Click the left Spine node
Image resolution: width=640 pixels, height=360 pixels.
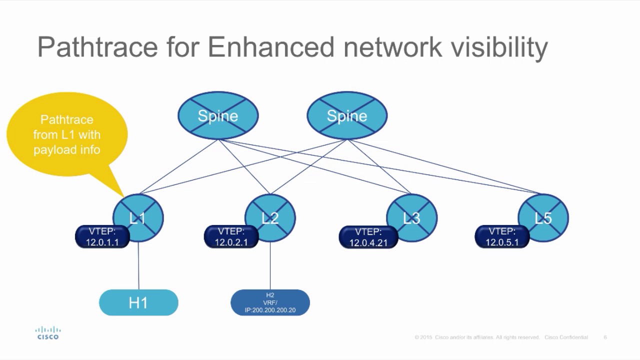tap(218, 115)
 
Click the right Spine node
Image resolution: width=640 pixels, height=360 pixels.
tap(346, 115)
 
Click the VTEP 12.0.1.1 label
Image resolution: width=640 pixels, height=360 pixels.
tap(102, 237)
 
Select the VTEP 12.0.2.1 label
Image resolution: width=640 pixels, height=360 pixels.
tap(231, 237)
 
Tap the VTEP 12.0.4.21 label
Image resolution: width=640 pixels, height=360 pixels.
tap(368, 237)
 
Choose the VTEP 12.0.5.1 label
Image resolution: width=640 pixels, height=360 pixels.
tap(502, 237)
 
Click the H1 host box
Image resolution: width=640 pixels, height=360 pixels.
tap(138, 303)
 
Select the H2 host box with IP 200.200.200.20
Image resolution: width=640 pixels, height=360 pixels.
tap(270, 303)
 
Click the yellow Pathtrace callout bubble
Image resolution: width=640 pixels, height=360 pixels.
tap(67, 134)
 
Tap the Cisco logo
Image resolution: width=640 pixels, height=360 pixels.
tap(48, 333)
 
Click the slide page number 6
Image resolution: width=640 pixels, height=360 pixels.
tap(605, 337)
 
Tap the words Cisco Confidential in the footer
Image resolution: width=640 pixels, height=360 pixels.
tap(566, 337)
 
